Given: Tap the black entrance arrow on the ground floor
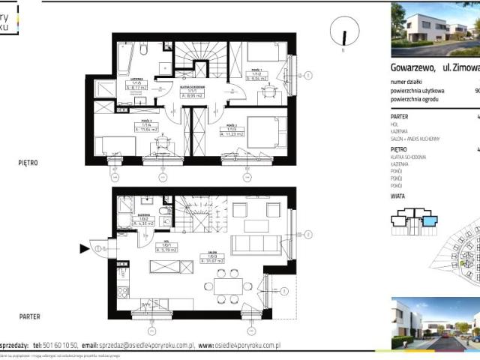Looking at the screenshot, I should tap(82, 248).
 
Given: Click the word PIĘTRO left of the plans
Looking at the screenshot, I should tap(28, 162).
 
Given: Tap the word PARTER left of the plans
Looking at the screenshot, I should tap(29, 317).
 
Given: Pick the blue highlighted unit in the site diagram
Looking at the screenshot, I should tap(428, 220).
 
